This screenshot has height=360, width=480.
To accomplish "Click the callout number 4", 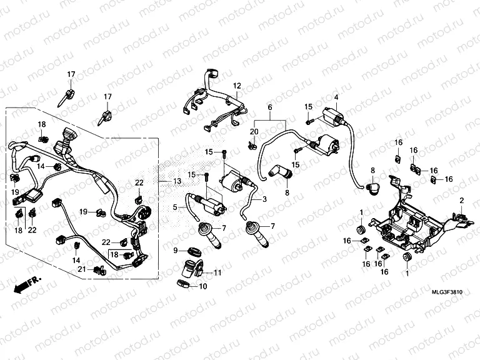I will [x=336, y=97].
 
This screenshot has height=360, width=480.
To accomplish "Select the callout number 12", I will [x=237, y=85].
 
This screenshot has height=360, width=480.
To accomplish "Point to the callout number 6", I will [x=270, y=107].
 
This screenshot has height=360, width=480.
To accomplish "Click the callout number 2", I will [x=462, y=201].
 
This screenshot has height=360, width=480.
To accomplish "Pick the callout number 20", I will [x=254, y=131].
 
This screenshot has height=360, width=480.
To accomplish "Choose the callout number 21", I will [x=81, y=269].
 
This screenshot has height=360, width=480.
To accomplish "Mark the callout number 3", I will [x=264, y=199].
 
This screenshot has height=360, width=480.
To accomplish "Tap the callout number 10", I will [x=202, y=286].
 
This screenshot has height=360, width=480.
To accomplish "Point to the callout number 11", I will [x=217, y=273].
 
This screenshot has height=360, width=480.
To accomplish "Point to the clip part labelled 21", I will [x=97, y=270].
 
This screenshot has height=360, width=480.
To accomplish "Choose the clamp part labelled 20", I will [x=253, y=146].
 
